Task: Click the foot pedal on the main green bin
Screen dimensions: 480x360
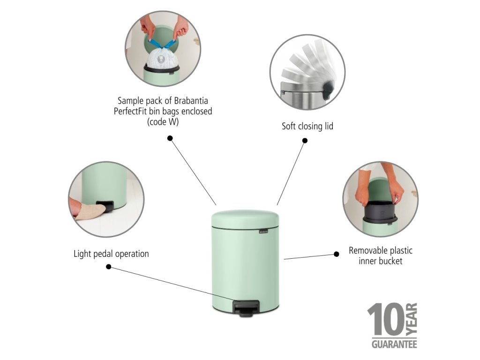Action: click(246, 308)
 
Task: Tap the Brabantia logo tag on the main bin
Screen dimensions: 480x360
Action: click(263, 232)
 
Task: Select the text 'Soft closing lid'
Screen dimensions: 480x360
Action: click(307, 126)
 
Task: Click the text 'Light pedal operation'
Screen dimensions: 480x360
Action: click(111, 254)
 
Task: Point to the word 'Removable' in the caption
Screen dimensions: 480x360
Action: click(366, 250)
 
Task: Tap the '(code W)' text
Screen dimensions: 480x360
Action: click(163, 122)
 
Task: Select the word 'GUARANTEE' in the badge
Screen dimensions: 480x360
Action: click(394, 344)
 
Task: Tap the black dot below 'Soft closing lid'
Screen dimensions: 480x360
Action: click(305, 141)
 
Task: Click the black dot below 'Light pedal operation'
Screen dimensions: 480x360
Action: click(108, 267)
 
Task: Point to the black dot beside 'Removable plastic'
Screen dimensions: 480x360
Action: click(336, 254)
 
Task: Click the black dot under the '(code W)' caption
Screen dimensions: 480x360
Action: click(170, 138)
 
